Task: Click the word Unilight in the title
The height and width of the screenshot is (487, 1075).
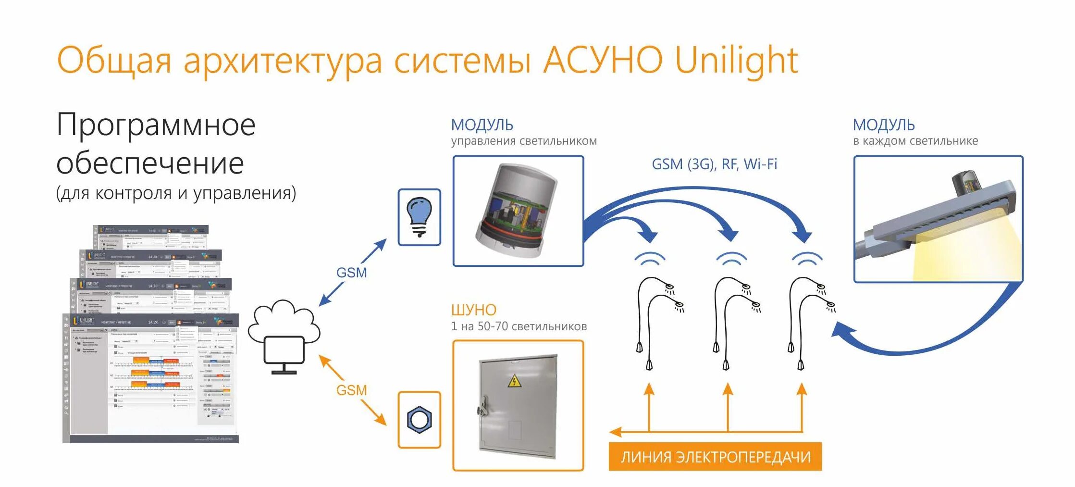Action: pyautogui.click(x=736, y=61)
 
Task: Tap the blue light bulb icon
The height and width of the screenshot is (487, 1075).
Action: pyautogui.click(x=419, y=217)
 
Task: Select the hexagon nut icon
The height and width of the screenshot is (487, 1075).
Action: pyautogui.click(x=419, y=420)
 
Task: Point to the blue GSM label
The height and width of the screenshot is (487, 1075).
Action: pyautogui.click(x=351, y=273)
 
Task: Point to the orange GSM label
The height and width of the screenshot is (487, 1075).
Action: pyautogui.click(x=351, y=390)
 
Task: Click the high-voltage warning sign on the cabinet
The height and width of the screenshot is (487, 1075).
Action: pyautogui.click(x=515, y=382)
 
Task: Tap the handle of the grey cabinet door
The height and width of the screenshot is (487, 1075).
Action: pyautogui.click(x=482, y=406)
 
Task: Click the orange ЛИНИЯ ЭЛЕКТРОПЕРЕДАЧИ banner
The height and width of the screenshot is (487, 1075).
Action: pyautogui.click(x=715, y=456)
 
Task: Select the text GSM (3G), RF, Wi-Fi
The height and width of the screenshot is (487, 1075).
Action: pyautogui.click(x=714, y=164)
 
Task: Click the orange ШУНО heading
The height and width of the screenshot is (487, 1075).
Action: pyautogui.click(x=473, y=310)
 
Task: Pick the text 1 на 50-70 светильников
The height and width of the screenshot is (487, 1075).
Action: pyautogui.click(x=519, y=326)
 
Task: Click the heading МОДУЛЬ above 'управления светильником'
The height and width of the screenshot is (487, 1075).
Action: pyautogui.click(x=482, y=125)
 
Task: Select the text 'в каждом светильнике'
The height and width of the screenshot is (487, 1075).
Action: pyautogui.click(x=915, y=141)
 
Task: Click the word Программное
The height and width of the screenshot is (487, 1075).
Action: pyautogui.click(x=156, y=125)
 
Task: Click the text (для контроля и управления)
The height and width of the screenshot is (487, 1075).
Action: pyautogui.click(x=176, y=193)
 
